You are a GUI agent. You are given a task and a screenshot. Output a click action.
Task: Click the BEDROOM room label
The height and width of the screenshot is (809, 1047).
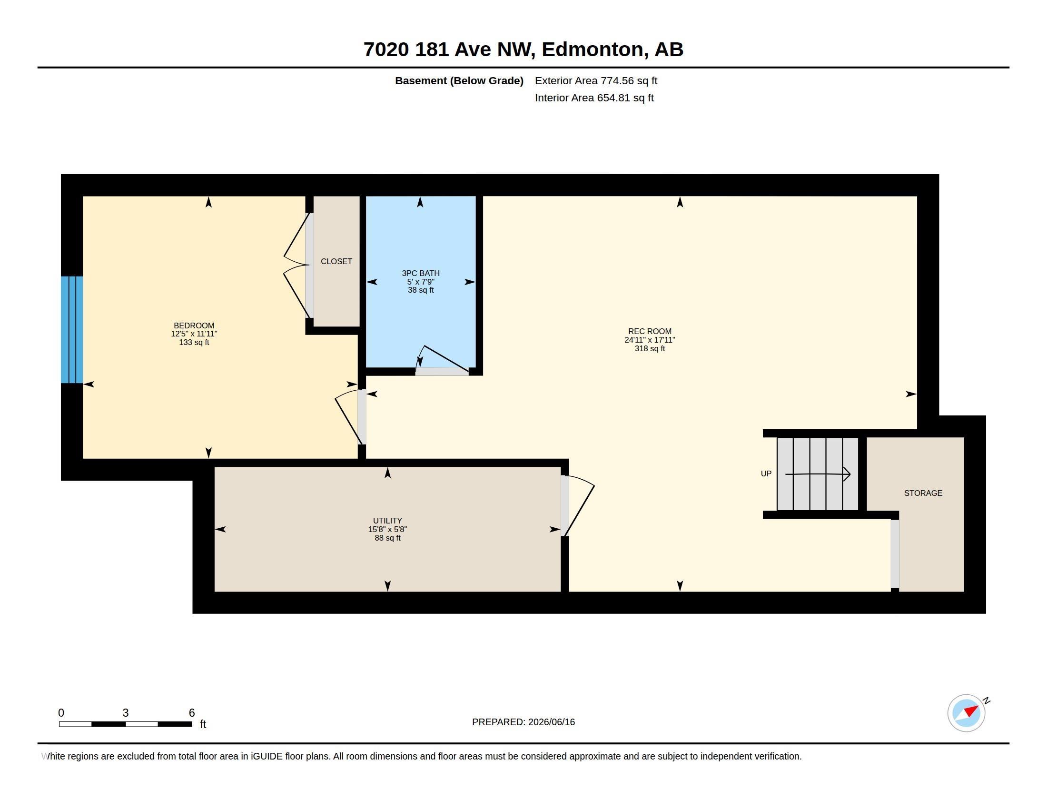194,326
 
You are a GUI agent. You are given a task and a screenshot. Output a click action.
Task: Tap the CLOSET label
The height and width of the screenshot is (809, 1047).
336,261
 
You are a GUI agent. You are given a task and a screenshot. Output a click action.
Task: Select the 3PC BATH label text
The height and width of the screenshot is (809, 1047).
420,273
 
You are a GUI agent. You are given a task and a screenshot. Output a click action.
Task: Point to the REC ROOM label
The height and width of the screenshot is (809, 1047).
650,331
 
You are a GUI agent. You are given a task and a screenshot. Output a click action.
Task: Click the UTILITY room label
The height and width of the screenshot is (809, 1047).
387,521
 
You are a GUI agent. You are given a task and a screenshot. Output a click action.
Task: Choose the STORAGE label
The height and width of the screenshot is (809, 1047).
923,493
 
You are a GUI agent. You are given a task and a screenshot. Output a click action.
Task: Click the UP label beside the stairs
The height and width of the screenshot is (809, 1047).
766,474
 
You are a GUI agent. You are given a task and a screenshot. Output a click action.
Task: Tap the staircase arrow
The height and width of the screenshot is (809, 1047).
817,474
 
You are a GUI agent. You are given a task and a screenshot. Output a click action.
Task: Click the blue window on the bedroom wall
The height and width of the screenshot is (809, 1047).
72,330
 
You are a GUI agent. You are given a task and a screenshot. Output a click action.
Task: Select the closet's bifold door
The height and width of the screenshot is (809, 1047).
296,265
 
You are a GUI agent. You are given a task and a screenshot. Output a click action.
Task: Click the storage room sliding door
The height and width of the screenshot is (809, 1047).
895,553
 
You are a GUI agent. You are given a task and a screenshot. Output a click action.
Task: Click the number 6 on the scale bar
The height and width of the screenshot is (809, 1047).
192,713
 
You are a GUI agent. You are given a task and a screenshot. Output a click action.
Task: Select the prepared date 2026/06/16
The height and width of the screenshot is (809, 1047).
551,722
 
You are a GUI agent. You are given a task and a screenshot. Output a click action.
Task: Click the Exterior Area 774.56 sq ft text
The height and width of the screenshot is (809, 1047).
596,80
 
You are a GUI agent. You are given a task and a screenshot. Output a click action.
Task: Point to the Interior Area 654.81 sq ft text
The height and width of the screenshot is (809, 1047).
594,98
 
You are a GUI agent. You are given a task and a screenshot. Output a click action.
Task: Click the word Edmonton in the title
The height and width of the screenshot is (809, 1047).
593,49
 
